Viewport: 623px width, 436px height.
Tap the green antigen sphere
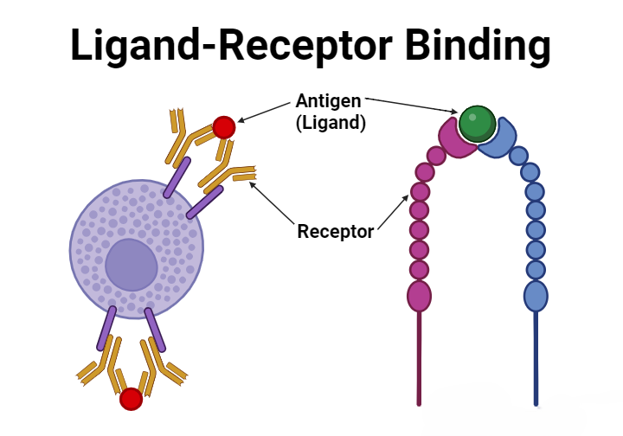point(477,124)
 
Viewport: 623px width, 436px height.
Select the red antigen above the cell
point(224,127)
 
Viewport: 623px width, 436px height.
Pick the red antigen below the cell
point(131,399)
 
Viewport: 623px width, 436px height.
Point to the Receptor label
point(336,231)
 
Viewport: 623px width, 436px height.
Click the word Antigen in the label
point(329,101)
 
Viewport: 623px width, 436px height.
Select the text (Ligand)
point(331,123)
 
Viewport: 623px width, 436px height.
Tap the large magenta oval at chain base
point(419,296)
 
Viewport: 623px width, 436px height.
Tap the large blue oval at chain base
point(536,296)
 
